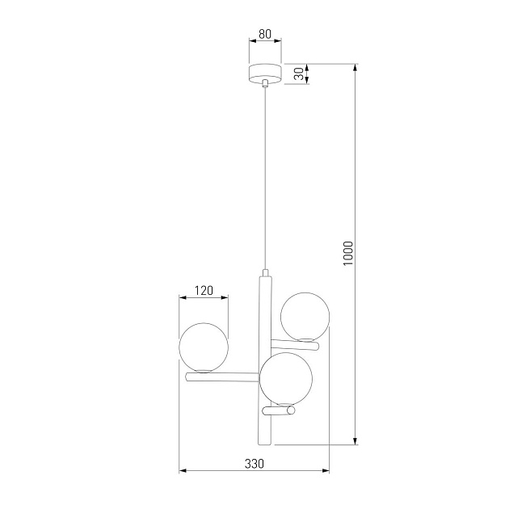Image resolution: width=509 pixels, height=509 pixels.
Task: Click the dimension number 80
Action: pyautogui.click(x=265, y=36)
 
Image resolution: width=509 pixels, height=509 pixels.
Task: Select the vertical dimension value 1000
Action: pyautogui.click(x=347, y=254)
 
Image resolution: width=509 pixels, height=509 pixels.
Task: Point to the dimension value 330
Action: pyautogui.click(x=254, y=464)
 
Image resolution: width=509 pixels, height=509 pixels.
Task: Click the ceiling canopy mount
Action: pyautogui.click(x=265, y=73)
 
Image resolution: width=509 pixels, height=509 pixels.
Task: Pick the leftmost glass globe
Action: pyautogui.click(x=204, y=347)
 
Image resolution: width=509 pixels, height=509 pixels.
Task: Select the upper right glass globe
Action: pyautogui.click(x=304, y=315)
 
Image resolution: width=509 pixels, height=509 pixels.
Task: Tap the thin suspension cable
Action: pyautogui.click(x=265, y=178)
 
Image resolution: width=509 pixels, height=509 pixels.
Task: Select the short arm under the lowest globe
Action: pyautogui.click(x=280, y=410)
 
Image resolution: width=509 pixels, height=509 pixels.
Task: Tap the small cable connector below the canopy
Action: pyautogui.click(x=265, y=83)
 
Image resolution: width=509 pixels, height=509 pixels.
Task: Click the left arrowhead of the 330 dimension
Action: pyautogui.click(x=182, y=470)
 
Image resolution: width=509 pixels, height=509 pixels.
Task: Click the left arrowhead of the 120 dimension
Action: pyautogui.click(x=182, y=297)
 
